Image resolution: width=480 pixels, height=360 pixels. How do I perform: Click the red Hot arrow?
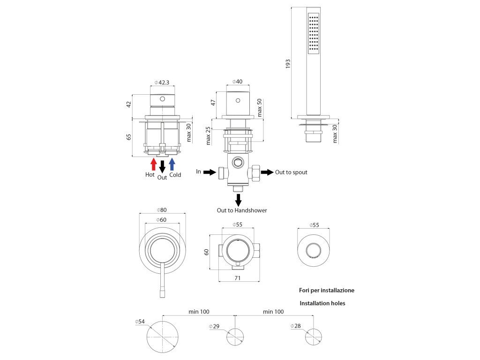point(153,164)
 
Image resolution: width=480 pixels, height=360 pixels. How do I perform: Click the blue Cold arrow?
point(172,164)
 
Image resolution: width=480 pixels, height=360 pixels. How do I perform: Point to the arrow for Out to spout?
point(267,172)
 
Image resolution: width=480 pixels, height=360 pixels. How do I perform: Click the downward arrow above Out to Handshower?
point(238,199)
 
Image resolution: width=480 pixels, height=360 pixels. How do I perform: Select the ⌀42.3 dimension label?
point(162,82)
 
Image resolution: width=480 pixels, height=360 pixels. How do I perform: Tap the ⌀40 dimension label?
point(238,82)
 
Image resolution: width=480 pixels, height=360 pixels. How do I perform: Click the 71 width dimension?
point(239,278)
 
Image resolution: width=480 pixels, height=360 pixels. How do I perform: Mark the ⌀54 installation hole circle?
point(163,337)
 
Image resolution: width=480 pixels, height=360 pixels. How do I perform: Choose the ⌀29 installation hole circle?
point(236,337)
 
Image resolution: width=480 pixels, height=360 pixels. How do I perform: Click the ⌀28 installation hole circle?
point(314,337)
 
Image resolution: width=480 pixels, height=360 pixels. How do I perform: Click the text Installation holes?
point(322,303)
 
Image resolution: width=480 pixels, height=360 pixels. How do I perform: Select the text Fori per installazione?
point(327,290)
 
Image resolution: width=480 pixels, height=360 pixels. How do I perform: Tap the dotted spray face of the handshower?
point(314,34)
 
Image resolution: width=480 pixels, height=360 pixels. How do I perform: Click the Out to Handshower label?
point(241,210)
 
